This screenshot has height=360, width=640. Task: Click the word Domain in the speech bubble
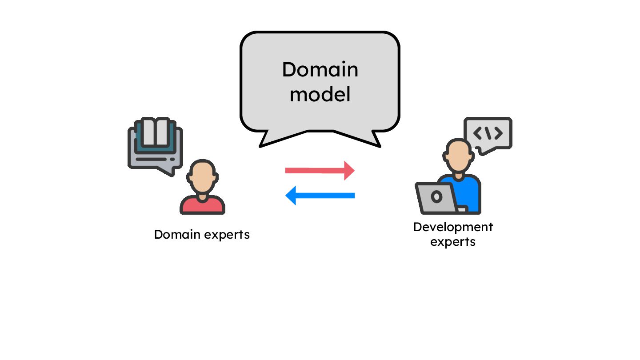click(320, 70)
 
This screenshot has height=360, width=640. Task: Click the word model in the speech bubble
click(320, 94)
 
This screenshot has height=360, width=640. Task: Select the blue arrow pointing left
click(320, 196)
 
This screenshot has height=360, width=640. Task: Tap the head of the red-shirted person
click(202, 176)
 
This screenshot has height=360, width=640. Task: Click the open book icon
click(156, 132)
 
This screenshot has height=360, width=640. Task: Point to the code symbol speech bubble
click(488, 133)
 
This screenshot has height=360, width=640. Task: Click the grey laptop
click(437, 197)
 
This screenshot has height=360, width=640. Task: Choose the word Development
click(453, 227)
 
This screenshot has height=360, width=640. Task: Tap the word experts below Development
click(453, 242)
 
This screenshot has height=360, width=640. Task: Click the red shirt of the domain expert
click(202, 205)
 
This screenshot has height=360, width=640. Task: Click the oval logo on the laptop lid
click(436, 196)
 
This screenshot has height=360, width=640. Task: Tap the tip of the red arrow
click(353, 171)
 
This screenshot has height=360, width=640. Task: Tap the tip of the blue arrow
click(287, 196)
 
